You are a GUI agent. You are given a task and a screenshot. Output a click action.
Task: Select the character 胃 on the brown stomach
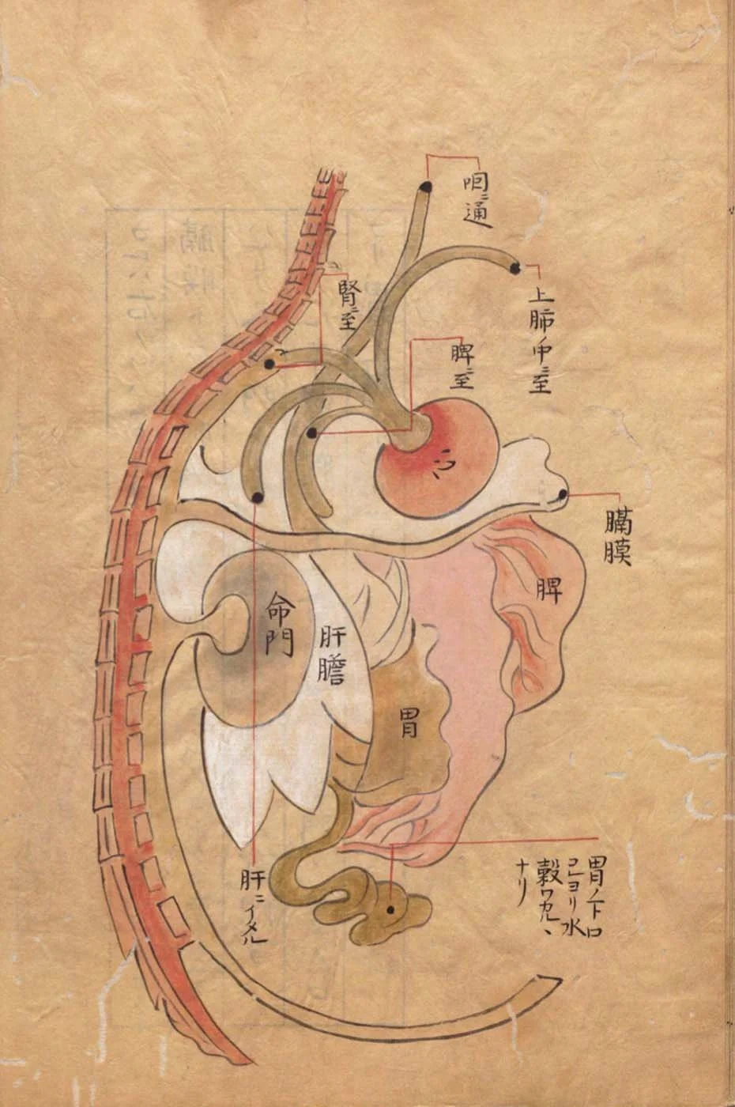pyautogui.click(x=408, y=724)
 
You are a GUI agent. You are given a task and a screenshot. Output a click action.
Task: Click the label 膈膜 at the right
pyautogui.click(x=616, y=538)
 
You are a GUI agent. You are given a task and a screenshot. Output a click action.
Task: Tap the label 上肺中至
pyautogui.click(x=541, y=342)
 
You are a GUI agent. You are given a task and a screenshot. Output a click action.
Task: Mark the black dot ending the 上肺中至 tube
pyautogui.click(x=514, y=269)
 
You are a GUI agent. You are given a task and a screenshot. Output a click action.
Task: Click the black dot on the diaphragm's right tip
pyautogui.click(x=563, y=495)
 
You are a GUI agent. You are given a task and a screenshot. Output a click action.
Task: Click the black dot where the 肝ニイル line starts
pyautogui.click(x=257, y=497)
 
